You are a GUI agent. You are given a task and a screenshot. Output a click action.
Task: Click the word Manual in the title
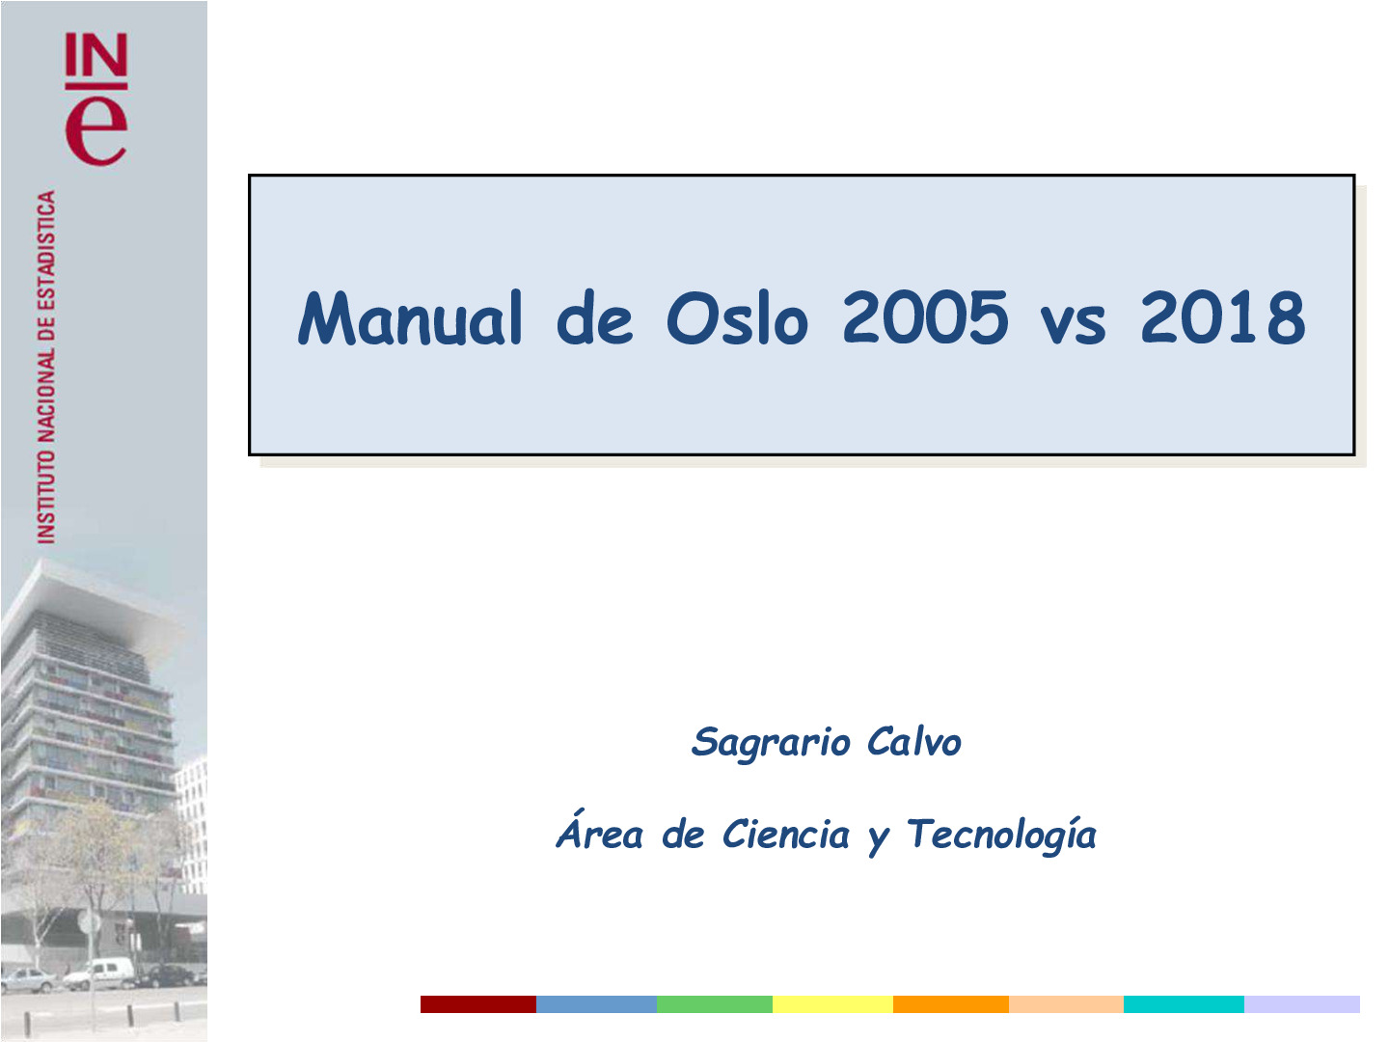click(x=411, y=318)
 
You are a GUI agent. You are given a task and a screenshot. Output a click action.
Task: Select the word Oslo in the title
click(x=737, y=318)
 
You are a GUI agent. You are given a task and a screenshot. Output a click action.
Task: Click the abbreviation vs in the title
click(x=1074, y=323)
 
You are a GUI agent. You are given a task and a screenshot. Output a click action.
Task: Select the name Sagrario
click(x=771, y=743)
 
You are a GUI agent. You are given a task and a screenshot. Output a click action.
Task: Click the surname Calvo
click(x=913, y=742)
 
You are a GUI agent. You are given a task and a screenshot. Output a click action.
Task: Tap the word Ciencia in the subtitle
click(x=786, y=835)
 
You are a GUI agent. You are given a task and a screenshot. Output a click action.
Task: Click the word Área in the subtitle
click(x=599, y=833)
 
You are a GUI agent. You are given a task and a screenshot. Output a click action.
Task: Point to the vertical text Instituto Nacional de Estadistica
click(x=46, y=367)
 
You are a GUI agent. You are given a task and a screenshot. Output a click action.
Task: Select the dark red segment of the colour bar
click(x=477, y=1004)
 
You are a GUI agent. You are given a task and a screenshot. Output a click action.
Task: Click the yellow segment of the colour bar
click(x=832, y=1004)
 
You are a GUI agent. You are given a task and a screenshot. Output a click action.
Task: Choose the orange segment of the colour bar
click(x=950, y=1004)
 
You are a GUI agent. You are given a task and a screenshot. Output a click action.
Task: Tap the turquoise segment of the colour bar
click(x=1184, y=1004)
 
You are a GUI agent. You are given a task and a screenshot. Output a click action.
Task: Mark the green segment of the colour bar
click(x=714, y=1004)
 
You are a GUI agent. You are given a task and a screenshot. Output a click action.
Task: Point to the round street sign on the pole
click(x=89, y=922)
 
